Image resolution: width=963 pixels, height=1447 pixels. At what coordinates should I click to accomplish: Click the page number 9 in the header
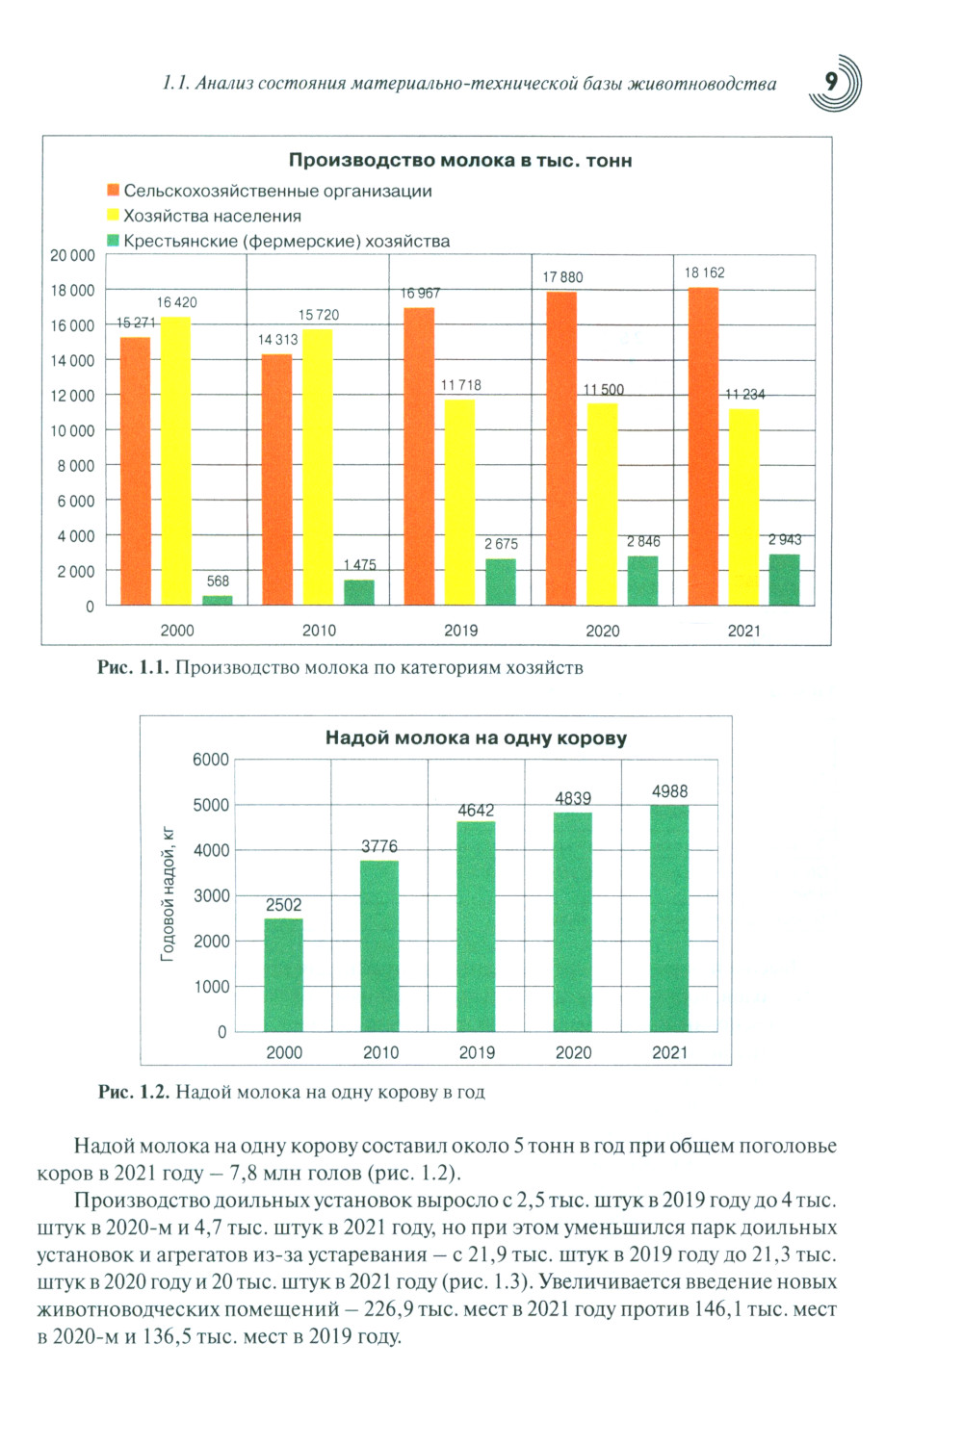[x=831, y=83]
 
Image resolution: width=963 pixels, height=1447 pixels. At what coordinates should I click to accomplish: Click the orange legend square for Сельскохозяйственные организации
[x=113, y=191]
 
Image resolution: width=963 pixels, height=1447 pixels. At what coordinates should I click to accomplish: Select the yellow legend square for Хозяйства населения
[x=113, y=216]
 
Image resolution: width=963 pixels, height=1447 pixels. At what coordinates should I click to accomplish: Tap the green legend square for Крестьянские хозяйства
[x=113, y=241]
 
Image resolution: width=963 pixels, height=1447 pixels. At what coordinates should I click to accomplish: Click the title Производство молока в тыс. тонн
[x=460, y=161]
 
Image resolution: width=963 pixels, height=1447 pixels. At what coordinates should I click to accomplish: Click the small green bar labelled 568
[x=218, y=600]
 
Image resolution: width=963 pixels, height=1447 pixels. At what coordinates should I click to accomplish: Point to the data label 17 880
[x=562, y=277]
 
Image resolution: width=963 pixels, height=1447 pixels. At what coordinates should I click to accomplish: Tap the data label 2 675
[x=501, y=544]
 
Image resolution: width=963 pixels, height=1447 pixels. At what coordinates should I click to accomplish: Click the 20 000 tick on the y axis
[x=72, y=255]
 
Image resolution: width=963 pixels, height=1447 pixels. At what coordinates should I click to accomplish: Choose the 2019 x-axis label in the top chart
[x=460, y=631]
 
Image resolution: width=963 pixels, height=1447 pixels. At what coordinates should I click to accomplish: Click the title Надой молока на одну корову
[x=476, y=738]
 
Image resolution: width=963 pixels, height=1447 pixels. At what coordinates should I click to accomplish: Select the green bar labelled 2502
[x=283, y=974]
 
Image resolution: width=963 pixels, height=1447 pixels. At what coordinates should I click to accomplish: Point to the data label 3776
[x=379, y=846]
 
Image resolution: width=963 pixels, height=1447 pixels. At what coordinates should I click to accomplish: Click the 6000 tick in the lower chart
[x=211, y=760]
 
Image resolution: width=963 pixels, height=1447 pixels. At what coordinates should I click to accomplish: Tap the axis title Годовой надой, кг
[x=168, y=893]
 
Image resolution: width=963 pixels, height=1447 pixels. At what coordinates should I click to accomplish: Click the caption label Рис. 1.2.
[x=134, y=1092]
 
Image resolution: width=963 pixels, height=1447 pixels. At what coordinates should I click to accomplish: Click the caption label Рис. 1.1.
[x=133, y=668]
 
